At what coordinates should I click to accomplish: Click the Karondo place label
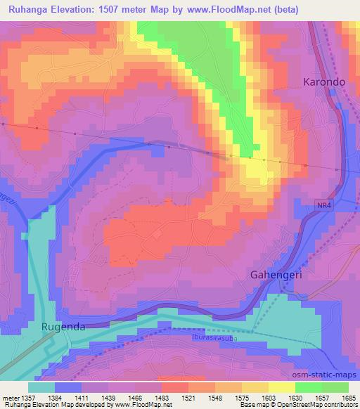(324, 82)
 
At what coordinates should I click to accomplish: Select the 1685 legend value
(349, 398)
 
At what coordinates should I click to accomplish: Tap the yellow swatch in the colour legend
(281, 387)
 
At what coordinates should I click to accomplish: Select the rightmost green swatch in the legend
(335, 387)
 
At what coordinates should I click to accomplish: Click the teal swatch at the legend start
(41, 387)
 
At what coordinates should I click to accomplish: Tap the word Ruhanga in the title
(25, 10)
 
